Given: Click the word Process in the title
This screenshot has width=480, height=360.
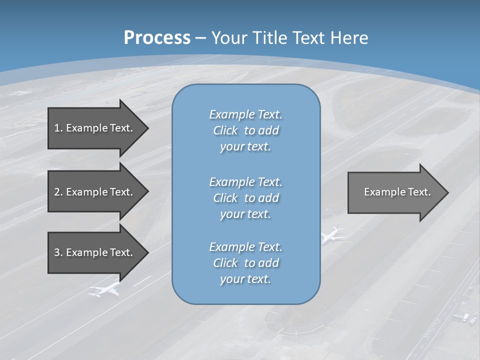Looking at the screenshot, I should click(157, 38).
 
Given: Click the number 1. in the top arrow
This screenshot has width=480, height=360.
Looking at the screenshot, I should click(58, 128).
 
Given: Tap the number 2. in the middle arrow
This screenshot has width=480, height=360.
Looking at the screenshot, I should click(58, 192).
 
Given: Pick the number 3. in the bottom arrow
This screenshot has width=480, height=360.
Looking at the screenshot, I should click(58, 252).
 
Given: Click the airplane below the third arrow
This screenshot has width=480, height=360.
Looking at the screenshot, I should click(105, 289).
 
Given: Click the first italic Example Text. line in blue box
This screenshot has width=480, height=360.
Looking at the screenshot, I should click(245, 114).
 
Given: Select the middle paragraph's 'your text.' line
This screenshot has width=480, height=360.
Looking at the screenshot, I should click(245, 214).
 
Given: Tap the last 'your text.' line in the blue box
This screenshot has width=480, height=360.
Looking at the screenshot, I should click(245, 279).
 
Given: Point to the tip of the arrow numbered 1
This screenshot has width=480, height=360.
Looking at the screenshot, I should click(147, 128).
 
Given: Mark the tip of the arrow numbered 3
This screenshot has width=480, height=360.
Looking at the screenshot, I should click(147, 252).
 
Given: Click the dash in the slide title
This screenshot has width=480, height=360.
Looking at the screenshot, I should click(200, 38).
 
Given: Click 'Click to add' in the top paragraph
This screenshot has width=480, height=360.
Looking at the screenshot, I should click(245, 130).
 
